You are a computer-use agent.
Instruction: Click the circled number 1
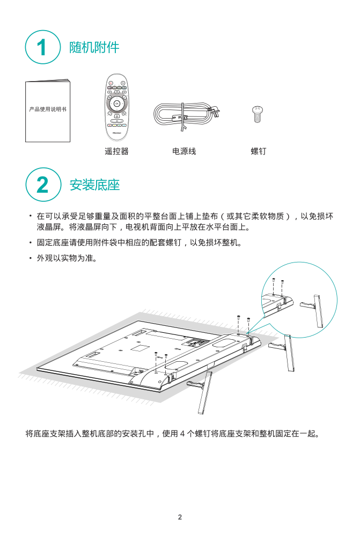coord(43,47)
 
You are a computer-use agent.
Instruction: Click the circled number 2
coord(43,185)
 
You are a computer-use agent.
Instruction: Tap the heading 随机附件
coord(94,47)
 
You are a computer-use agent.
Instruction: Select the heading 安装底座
coord(94,185)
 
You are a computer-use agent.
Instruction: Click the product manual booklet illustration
coord(48,111)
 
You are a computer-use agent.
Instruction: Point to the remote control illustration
coord(116,107)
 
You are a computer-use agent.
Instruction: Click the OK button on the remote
coord(116,104)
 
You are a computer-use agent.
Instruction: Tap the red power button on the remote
coord(111,83)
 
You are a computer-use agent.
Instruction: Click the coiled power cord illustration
coord(187,115)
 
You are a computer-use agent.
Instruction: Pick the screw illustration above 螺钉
coord(258,114)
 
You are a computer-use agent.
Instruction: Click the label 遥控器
coord(116,151)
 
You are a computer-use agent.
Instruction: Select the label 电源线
coord(184,151)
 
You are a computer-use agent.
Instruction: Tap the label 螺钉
coord(259,151)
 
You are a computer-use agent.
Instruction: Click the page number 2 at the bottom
coord(180,517)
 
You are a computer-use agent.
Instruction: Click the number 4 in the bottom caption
coord(182,433)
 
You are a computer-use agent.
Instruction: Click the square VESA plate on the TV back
coord(140,348)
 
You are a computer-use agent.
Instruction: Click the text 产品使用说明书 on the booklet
coord(48,109)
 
